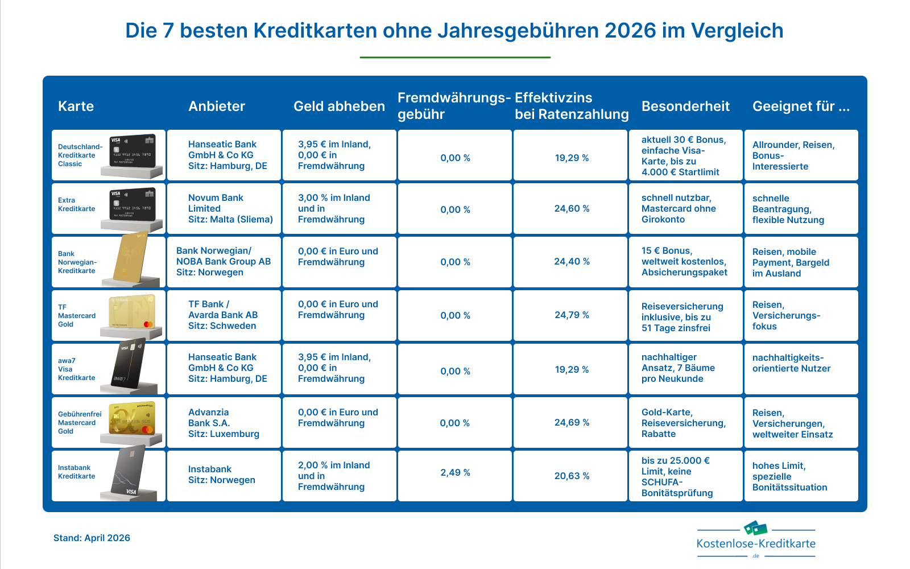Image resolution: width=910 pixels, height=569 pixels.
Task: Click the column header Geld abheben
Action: (339, 106)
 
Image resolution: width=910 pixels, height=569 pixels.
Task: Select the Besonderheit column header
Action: (685, 106)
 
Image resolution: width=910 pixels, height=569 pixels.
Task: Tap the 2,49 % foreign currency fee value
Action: (455, 473)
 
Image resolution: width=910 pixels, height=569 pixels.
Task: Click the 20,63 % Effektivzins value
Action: (572, 476)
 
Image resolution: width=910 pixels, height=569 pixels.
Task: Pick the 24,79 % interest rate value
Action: (572, 315)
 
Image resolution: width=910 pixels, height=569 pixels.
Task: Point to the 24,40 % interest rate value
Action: (572, 262)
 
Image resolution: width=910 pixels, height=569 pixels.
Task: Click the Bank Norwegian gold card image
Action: (131, 258)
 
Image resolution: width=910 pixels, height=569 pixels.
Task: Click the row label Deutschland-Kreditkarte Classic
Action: (80, 155)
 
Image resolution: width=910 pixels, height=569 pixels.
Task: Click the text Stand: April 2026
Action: (92, 538)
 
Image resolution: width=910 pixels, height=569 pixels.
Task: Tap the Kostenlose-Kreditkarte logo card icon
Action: (755, 528)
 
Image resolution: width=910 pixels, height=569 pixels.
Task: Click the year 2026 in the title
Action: (630, 31)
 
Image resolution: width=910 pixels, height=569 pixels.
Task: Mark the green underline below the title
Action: (455, 57)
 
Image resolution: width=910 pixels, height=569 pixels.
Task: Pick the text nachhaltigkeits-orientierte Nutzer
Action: (791, 363)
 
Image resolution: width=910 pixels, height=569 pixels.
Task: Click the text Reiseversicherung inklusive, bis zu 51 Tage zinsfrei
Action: (682, 318)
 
